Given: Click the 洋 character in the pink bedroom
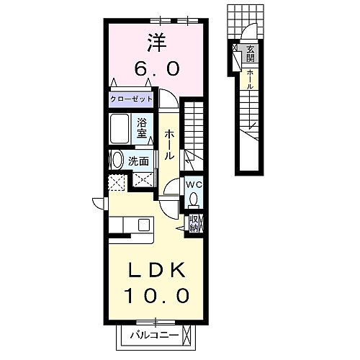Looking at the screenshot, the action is point(157,42).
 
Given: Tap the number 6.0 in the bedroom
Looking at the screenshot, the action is point(157,68).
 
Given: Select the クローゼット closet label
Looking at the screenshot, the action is point(131,99).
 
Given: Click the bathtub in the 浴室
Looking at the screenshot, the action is point(120,128).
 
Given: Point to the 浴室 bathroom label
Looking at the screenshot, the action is point(142,128).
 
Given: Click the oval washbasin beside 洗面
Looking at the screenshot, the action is point(117,160).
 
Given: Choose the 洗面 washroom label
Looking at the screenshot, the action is point(138,161).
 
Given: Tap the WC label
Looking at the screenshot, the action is point(194,184).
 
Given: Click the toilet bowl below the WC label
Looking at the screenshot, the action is point(194,199).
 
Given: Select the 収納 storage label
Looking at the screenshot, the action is point(194,223).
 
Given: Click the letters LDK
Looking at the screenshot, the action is point(157,271).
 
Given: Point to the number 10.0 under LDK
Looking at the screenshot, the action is point(157,295).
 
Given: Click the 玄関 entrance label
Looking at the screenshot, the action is point(250,53).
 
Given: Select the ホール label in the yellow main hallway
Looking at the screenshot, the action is point(169,145).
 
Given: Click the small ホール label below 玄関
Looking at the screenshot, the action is point(250,79).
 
